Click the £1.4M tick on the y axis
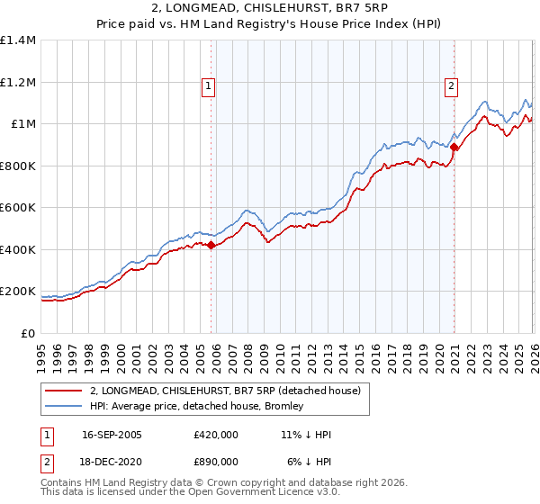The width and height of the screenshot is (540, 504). [x=18, y=40]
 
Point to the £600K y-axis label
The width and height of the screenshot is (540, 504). [x=18, y=208]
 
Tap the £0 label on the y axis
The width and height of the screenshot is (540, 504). [x=28, y=334]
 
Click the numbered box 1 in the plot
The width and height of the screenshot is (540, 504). [x=208, y=86]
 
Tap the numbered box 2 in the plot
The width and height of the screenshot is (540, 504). [x=450, y=86]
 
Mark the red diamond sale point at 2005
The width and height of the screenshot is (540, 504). [x=211, y=245]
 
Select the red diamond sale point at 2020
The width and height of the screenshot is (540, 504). [x=454, y=147]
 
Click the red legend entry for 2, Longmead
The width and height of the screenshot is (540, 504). [x=225, y=391]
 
